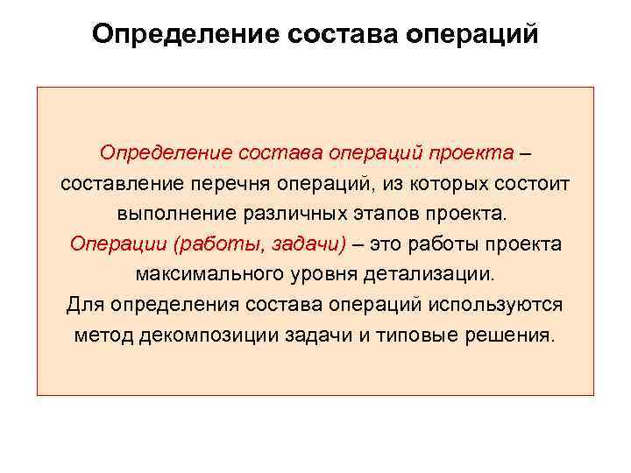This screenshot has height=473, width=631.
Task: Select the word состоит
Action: pos(531,184)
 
